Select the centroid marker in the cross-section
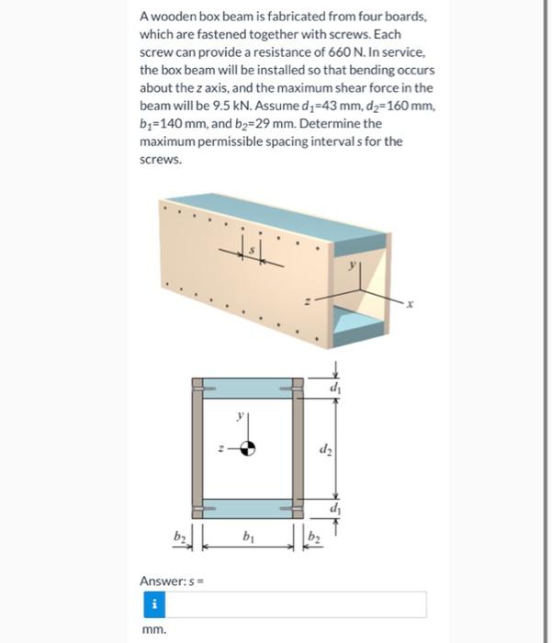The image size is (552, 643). click(248, 449)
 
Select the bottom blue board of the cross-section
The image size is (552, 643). click(248, 508)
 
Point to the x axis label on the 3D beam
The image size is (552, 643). click(412, 304)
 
